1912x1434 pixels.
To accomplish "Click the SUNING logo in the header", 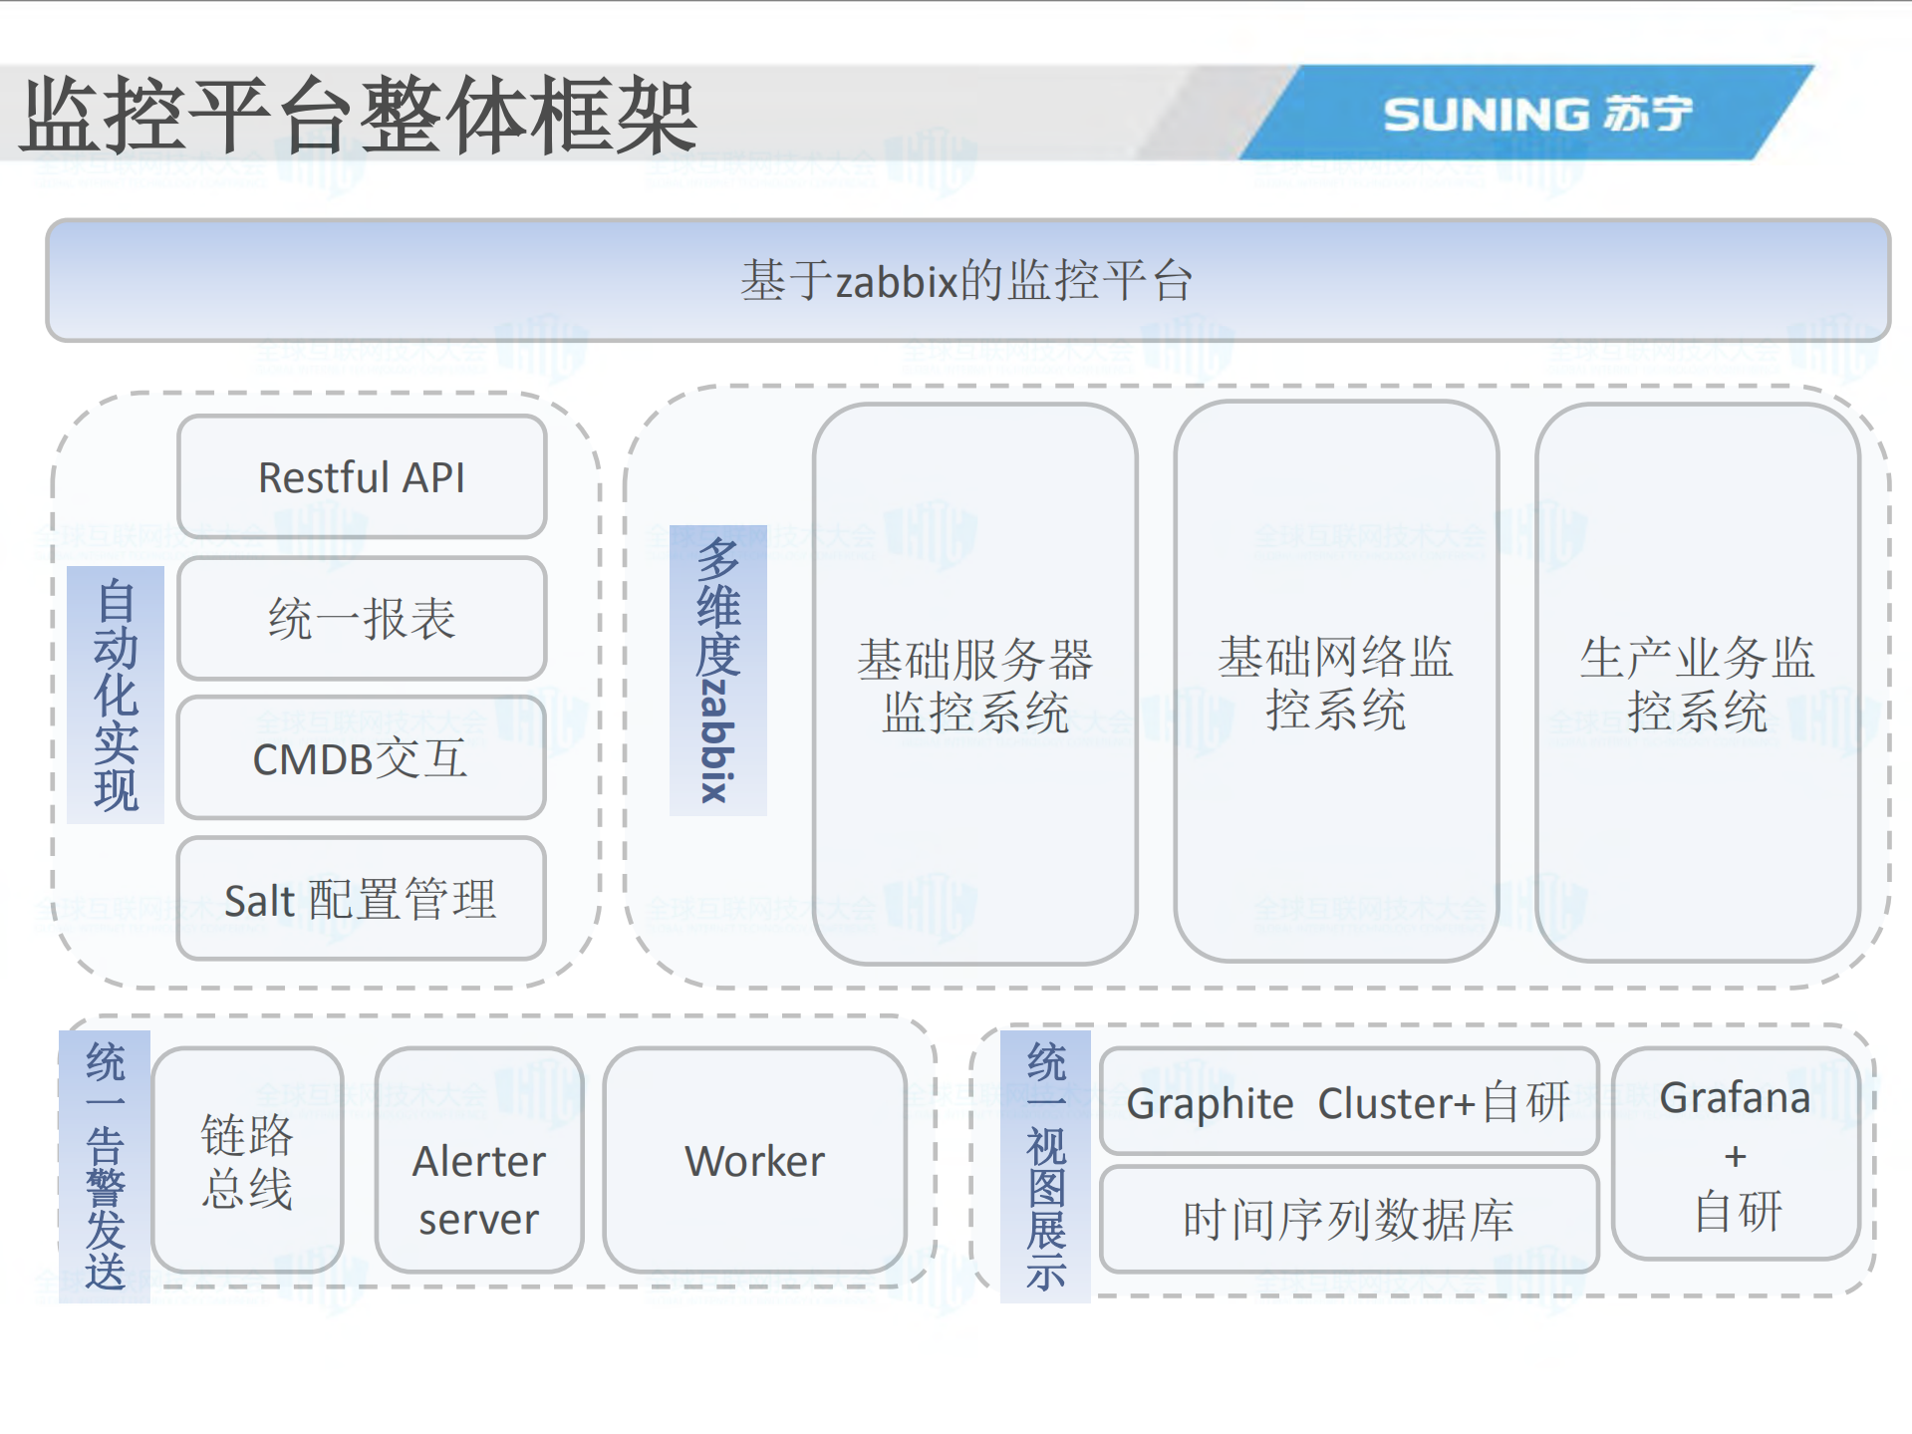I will coord(1537,114).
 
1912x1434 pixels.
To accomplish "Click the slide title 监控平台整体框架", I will coord(359,116).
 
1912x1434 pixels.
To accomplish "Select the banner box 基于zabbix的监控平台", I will coord(966,280).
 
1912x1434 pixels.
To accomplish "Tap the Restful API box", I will coord(362,477).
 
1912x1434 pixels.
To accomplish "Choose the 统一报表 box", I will coord(362,618).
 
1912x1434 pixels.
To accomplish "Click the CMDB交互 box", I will coord(361,758).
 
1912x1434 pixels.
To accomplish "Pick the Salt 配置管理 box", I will coord(361,899).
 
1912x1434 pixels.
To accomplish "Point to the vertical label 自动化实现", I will coord(116,695).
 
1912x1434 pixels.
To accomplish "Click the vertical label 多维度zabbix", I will coord(717,670).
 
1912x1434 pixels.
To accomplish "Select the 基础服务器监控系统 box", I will coord(974,685).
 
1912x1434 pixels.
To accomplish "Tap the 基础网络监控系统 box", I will coord(1335,683).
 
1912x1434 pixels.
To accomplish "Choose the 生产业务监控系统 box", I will coord(1697,684).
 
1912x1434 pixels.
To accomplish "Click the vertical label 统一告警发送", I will coord(105,1166).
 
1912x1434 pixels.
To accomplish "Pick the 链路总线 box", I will coord(247,1161).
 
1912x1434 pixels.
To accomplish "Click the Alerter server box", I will coord(479,1189).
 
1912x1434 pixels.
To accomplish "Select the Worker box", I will coord(754,1161).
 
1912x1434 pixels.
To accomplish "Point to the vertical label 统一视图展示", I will coord(1045,1166).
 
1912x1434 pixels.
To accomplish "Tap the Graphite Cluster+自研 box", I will coord(1348,1102).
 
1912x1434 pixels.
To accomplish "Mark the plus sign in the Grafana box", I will coord(1735,1156).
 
